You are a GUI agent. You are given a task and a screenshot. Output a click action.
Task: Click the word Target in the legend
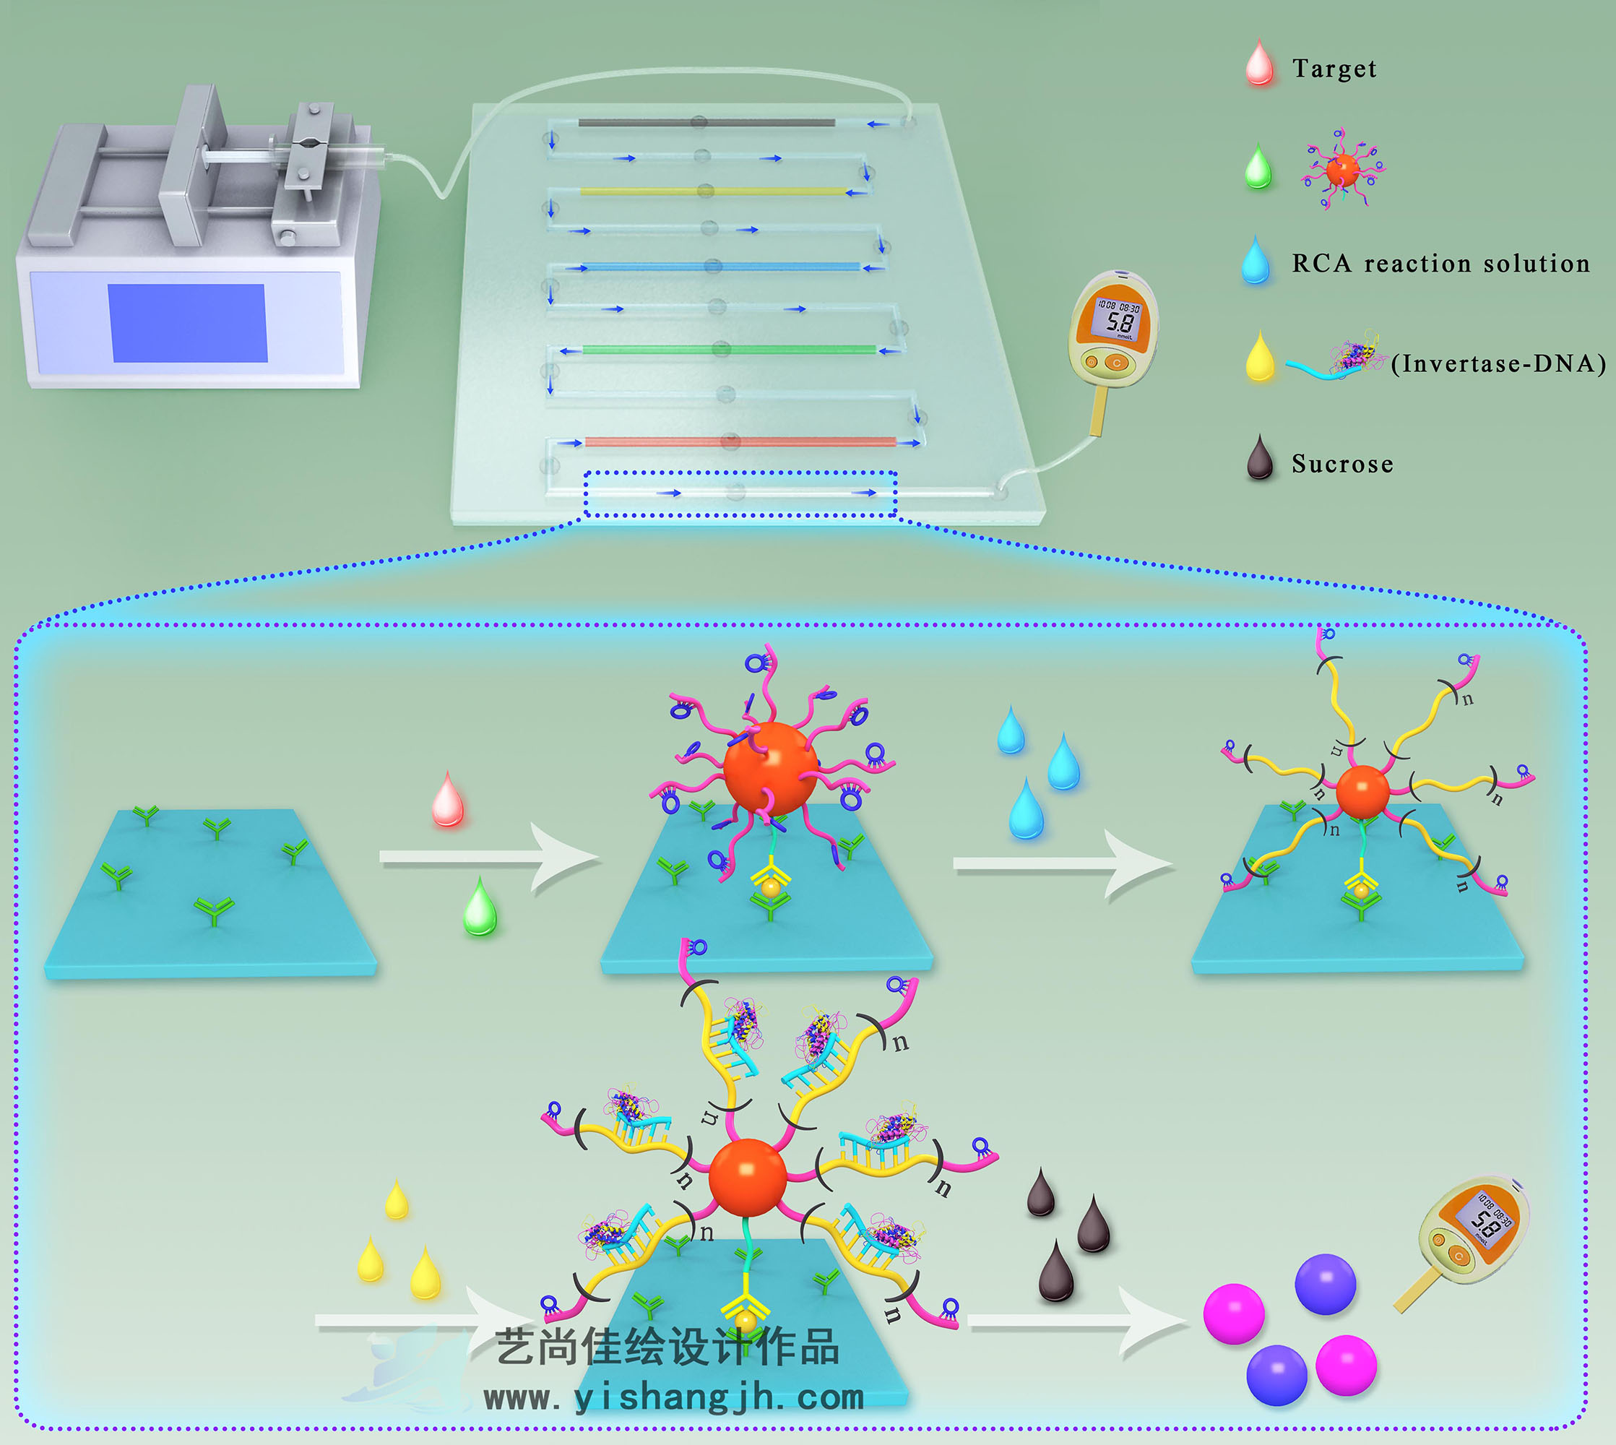(1334, 69)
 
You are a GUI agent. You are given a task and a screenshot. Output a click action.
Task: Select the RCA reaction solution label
(1440, 263)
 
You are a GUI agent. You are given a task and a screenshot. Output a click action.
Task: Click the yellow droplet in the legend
(1260, 359)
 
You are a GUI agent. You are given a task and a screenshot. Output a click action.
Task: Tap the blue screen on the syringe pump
(188, 322)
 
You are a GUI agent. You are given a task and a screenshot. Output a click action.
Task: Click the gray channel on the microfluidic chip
(707, 123)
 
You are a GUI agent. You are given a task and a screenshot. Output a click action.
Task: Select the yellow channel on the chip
(712, 191)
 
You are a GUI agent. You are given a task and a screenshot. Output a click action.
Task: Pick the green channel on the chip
(729, 350)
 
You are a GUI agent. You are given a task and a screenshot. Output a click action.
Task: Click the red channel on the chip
(740, 441)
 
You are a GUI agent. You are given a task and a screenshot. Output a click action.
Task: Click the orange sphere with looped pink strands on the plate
(769, 768)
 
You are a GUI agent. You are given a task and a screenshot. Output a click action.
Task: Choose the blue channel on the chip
(720, 267)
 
